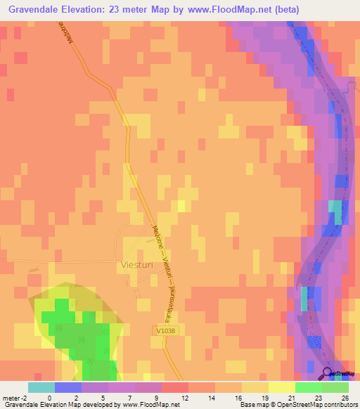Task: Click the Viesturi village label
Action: coord(131,266)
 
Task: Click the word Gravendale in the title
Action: coord(42,10)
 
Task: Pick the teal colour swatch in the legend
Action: coord(41,387)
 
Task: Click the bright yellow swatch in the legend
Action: coord(281,387)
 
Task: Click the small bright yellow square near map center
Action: coord(181,205)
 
